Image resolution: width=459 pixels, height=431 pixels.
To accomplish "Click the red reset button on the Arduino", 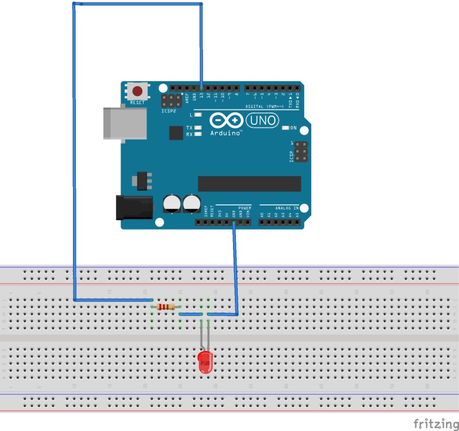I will click(x=138, y=91).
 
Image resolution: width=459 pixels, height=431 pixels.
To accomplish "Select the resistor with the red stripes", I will click(x=166, y=307).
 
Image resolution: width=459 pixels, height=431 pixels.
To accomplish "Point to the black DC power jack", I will click(x=134, y=208).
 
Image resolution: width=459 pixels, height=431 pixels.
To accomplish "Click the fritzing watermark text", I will click(x=435, y=423).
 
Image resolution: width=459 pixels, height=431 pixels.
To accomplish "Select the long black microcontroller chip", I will click(x=249, y=183).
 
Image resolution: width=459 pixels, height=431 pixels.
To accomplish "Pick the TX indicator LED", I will click(x=198, y=128).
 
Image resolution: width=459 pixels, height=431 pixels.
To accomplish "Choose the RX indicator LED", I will click(x=198, y=134).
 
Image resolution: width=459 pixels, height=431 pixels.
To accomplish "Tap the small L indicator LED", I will click(x=198, y=115).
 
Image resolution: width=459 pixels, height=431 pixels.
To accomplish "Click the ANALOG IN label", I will click(x=287, y=208).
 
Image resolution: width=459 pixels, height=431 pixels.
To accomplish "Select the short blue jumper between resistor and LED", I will click(x=189, y=314).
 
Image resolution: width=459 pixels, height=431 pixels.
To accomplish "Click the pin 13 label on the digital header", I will click(x=201, y=95).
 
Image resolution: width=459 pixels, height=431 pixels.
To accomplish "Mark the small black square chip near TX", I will click(x=176, y=134).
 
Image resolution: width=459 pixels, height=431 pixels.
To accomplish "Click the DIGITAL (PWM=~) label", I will click(x=262, y=107).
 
